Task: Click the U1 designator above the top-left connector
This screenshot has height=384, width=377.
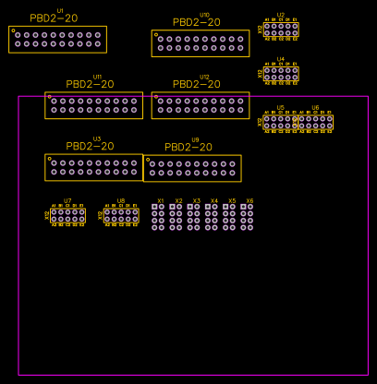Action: click(60, 10)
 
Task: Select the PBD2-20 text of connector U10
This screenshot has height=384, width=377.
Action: click(197, 22)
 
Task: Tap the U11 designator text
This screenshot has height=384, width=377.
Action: click(97, 78)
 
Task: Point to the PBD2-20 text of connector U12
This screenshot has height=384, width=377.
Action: click(197, 84)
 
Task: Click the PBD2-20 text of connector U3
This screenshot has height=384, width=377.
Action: click(90, 146)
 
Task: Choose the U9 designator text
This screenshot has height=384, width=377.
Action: click(195, 139)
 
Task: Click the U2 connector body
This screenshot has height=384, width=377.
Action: click(281, 30)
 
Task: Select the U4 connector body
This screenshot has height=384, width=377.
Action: click(281, 73)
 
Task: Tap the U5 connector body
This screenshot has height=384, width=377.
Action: click(280, 122)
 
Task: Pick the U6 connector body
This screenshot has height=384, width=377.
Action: click(315, 122)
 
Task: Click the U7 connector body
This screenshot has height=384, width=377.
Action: click(67, 215)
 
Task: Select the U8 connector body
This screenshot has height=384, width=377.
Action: click(121, 215)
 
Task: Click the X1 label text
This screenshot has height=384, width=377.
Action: click(160, 200)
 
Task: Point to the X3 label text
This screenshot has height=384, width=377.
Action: click(196, 200)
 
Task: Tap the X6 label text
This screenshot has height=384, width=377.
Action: click(249, 200)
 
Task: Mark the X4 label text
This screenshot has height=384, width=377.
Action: click(213, 200)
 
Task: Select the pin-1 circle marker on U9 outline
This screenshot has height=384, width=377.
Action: click(147, 159)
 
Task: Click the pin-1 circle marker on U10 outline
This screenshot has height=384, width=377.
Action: click(156, 34)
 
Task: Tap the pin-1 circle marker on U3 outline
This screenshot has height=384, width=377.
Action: click(49, 158)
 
